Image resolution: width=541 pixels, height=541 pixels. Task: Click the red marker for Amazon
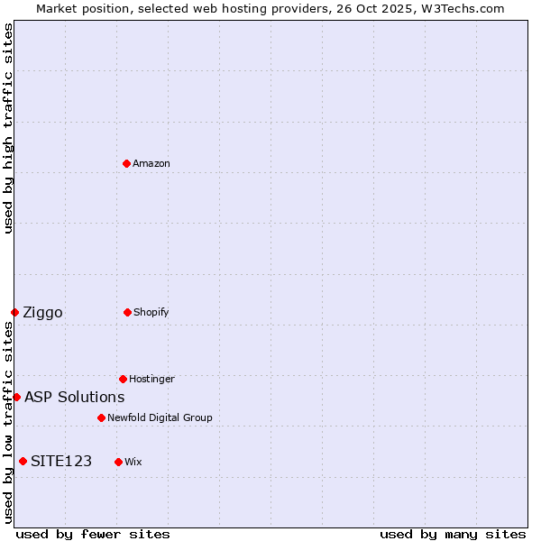pos(127,163)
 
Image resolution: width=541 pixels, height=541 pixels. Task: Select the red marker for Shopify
pos(127,312)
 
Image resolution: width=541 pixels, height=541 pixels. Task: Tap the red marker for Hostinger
pos(123,379)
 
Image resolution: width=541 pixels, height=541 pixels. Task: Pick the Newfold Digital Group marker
pos(101,417)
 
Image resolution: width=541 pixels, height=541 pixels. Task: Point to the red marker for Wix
pos(118,462)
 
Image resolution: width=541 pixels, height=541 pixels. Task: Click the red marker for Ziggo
pos(14,312)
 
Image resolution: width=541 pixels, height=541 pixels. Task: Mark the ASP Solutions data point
pos(16,397)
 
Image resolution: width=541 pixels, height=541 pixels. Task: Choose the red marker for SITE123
pos(23,462)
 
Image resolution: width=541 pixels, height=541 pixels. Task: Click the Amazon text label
pos(151,163)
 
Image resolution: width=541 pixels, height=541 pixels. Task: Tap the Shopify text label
pos(151,312)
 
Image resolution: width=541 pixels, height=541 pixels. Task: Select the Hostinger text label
pos(151,379)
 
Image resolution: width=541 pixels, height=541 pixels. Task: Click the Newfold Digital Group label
pos(160,417)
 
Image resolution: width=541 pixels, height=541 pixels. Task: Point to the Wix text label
pos(133,462)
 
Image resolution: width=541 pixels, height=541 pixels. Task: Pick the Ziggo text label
pos(42,313)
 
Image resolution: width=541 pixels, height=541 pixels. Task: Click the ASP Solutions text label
pos(74,397)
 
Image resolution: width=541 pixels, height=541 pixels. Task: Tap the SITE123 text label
pos(61,462)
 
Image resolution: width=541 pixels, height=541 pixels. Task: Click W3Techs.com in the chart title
pos(461,9)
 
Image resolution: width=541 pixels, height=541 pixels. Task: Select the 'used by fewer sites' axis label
pos(93,534)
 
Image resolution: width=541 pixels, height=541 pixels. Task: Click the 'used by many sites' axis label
pos(453,534)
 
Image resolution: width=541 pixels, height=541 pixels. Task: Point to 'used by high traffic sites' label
pos(9,128)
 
